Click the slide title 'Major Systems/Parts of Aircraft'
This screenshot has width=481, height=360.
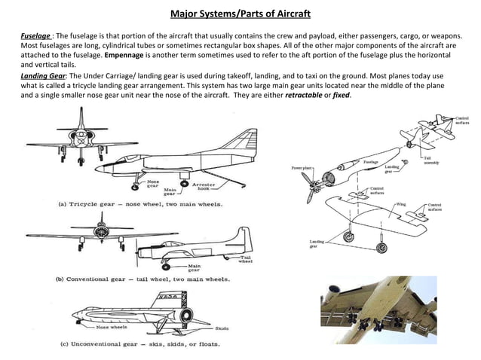click(x=240, y=14)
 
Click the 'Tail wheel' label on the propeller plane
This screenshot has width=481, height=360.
click(x=245, y=258)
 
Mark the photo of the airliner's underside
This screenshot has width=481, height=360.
click(x=377, y=316)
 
